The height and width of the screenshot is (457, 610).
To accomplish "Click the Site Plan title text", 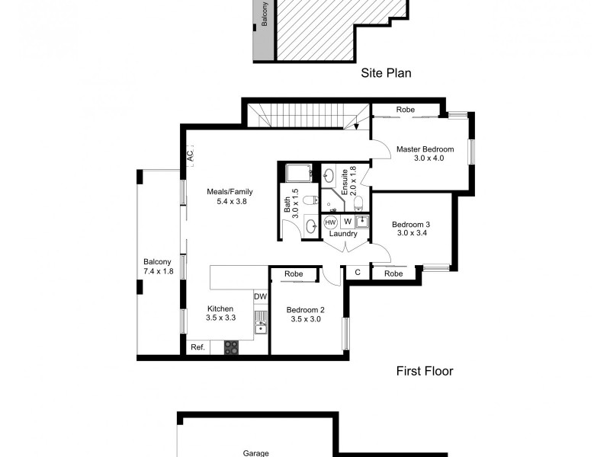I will click(386, 74).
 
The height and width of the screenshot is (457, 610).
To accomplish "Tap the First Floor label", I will click(425, 372).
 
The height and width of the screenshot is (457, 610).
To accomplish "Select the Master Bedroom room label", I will click(425, 154).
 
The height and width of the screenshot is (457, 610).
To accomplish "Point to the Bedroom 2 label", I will click(306, 315).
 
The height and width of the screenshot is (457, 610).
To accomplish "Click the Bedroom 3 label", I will click(411, 229).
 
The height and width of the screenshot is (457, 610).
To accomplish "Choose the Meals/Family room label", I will click(230, 197).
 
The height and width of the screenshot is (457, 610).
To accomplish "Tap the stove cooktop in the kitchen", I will click(230, 347).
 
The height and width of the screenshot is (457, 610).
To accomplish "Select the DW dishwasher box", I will click(261, 297).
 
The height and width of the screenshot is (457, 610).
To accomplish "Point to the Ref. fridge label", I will click(197, 347).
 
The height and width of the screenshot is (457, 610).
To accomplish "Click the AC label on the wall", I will click(189, 155).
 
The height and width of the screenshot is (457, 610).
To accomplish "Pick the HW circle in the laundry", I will click(331, 222).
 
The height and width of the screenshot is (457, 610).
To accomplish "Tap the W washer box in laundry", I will click(347, 222).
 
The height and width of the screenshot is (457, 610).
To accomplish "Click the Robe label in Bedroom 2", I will click(294, 274).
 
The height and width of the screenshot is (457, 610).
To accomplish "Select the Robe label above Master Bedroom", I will click(405, 110).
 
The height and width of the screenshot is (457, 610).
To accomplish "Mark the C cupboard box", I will click(357, 273).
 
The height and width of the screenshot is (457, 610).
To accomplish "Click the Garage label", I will click(256, 452).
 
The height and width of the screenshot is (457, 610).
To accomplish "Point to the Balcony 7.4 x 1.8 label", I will click(159, 266).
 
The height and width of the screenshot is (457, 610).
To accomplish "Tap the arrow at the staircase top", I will click(356, 126).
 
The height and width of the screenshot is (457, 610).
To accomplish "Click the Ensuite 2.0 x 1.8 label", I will click(348, 182).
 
